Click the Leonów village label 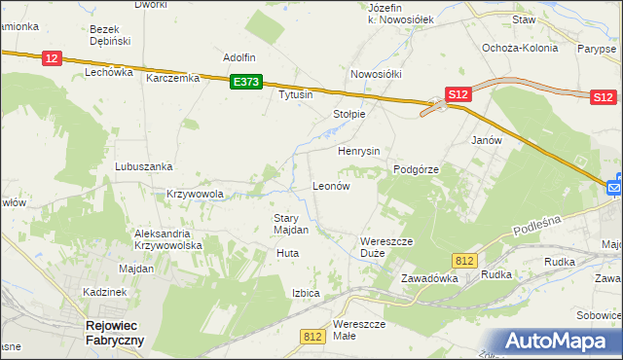coord(330,185)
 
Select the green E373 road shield coord(246,84)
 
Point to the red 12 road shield coord(53,59)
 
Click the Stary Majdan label coord(291,224)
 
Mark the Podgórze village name coord(417,169)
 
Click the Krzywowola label coord(196,194)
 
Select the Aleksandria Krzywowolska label coord(168,240)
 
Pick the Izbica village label coord(306,293)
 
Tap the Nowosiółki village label coord(376,74)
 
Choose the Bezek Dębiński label coord(111,37)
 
